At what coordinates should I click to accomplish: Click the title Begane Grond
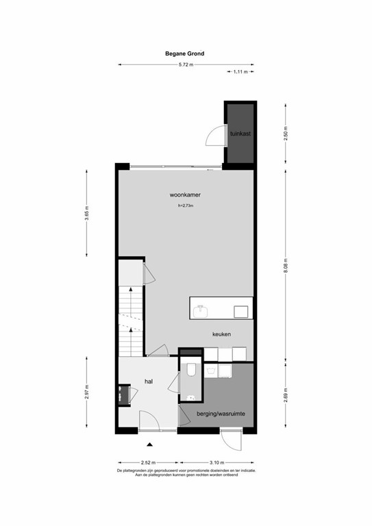pos(185,53)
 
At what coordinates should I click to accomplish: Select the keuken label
pos(221,334)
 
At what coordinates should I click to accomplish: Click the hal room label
pos(149,381)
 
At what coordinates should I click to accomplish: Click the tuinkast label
pos(240,134)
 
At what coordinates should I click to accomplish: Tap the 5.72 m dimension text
pos(186,64)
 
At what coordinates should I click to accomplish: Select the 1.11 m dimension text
pos(240,72)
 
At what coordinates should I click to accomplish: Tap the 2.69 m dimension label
pos(285,397)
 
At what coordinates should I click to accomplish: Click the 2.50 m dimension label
pos(285,134)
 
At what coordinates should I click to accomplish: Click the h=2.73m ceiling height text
pos(186,205)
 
